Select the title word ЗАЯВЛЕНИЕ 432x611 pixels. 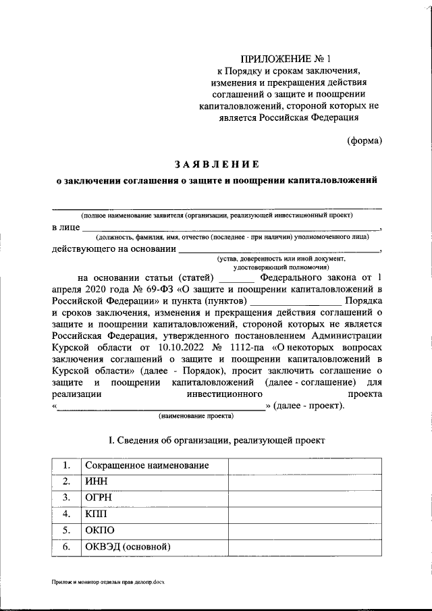[216, 164]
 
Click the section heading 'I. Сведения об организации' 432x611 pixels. [217, 440]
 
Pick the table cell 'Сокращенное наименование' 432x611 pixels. [146, 465]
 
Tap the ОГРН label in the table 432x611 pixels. [98, 498]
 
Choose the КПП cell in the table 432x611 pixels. [96, 514]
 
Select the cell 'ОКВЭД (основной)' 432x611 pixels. [126, 546]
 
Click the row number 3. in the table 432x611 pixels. [66, 498]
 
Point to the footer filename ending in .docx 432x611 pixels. [108, 581]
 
